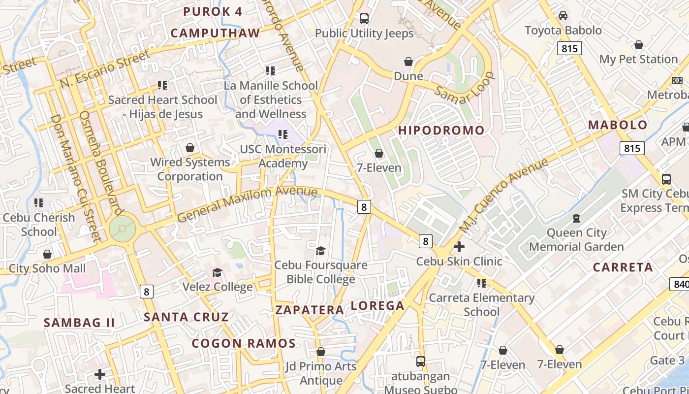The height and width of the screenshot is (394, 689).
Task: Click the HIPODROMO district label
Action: click(x=441, y=131)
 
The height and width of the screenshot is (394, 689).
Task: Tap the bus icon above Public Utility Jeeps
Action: click(x=364, y=19)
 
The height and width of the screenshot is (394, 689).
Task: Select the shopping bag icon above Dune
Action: click(x=408, y=62)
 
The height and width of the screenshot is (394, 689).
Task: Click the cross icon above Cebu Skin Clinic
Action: click(x=459, y=246)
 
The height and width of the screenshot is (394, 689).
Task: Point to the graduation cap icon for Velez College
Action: click(x=217, y=272)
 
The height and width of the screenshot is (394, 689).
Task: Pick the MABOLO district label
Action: click(x=618, y=125)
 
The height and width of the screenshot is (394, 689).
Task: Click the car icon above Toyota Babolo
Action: click(x=563, y=16)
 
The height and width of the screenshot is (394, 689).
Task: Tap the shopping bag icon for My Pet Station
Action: click(x=638, y=45)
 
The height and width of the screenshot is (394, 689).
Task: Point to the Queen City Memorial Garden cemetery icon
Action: click(x=576, y=218)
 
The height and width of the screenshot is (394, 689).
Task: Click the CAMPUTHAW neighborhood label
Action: click(x=215, y=33)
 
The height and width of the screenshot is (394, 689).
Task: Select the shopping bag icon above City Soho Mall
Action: click(x=47, y=254)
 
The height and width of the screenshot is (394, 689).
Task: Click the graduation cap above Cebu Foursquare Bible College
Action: click(x=320, y=251)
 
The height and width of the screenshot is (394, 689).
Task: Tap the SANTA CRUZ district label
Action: click(x=186, y=317)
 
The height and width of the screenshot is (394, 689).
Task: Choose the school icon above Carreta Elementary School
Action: click(x=481, y=283)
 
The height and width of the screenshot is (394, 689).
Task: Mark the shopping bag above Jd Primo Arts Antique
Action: click(x=320, y=352)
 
